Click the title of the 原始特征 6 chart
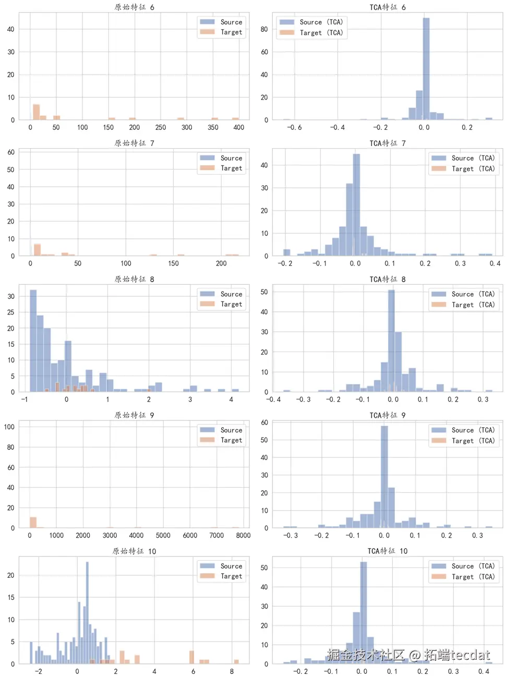pyautogui.click(x=134, y=7)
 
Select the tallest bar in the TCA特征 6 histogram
pyautogui.click(x=426, y=68)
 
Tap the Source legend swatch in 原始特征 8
pyautogui.click(x=207, y=294)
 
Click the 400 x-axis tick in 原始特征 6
pyautogui.click(x=238, y=127)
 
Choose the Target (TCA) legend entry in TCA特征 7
pyautogui.click(x=463, y=169)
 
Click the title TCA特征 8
pyautogui.click(x=387, y=279)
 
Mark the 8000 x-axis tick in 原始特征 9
pyautogui.click(x=243, y=535)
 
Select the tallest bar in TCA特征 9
pyautogui.click(x=384, y=477)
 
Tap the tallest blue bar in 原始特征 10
pyautogui.click(x=87, y=613)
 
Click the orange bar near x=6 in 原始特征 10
pyautogui.click(x=191, y=657)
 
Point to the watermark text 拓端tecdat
pyautogui.click(x=457, y=655)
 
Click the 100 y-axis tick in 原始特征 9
pyautogui.click(x=9, y=427)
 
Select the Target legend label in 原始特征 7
pyautogui.click(x=231, y=168)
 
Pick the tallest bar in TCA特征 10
pyautogui.click(x=364, y=613)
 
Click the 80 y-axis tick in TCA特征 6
pyautogui.click(x=264, y=29)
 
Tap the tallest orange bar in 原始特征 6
pyautogui.click(x=37, y=112)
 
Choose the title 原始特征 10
pyautogui.click(x=134, y=551)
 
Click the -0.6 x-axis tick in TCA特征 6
pyautogui.click(x=294, y=127)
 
